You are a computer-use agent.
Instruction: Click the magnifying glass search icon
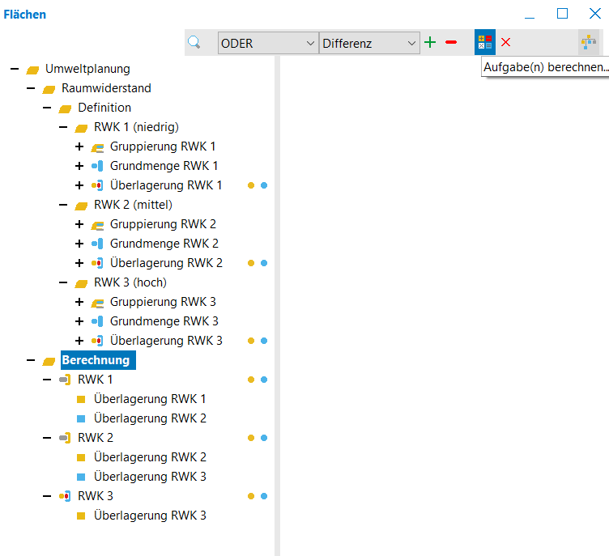(x=194, y=42)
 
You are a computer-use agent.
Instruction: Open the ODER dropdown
(x=267, y=43)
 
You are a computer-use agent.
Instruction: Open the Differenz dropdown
(x=369, y=43)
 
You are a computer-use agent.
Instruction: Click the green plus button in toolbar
(x=430, y=42)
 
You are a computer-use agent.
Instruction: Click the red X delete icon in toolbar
(x=505, y=42)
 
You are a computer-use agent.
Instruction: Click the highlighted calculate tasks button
(x=485, y=42)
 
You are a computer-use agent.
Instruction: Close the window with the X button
(x=594, y=14)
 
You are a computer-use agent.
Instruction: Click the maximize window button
(x=562, y=14)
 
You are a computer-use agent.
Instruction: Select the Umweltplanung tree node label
(x=87, y=69)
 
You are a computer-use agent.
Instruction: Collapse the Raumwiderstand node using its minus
(x=31, y=88)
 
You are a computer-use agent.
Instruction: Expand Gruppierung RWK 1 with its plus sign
(x=79, y=146)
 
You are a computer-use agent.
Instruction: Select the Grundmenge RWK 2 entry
(x=164, y=244)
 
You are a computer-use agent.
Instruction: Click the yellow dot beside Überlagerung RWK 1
(x=251, y=185)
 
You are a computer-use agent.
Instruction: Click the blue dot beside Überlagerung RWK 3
(x=264, y=341)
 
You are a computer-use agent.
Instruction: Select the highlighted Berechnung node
(x=98, y=360)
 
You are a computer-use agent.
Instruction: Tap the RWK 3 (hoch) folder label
(x=130, y=282)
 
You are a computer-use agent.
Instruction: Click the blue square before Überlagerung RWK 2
(x=81, y=418)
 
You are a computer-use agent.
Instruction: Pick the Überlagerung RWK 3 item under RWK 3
(x=150, y=516)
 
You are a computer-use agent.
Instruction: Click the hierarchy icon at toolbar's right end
(x=589, y=42)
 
